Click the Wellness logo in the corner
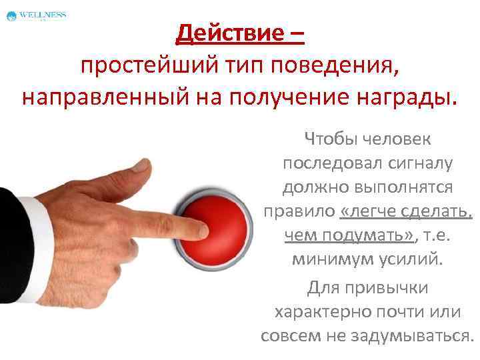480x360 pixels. pyautogui.click(x=36, y=15)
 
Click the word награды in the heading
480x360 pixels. pyautogui.click(x=407, y=98)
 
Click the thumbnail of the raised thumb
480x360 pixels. pyautogui.click(x=139, y=165)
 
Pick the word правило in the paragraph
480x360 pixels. pyautogui.click(x=299, y=211)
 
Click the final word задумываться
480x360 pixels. pyautogui.click(x=421, y=336)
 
